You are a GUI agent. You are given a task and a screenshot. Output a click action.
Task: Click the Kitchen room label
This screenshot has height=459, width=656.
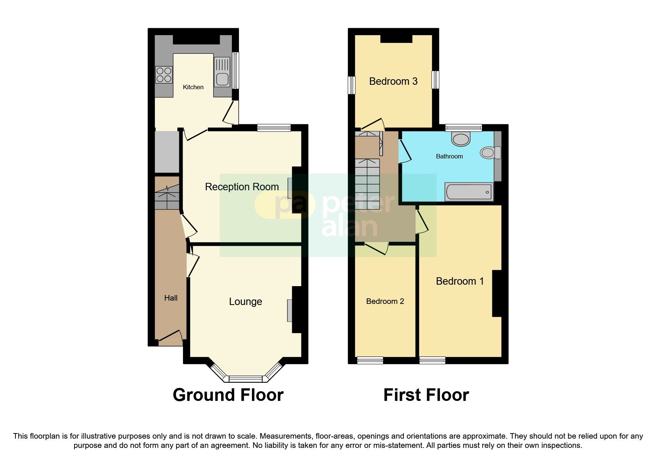[x=193, y=87]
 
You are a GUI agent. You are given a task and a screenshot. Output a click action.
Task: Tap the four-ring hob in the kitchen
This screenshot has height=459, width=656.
[x=164, y=74]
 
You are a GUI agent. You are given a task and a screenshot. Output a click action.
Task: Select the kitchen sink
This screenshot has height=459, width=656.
[x=222, y=79]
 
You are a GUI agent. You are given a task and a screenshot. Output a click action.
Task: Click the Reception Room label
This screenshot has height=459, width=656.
[x=242, y=187]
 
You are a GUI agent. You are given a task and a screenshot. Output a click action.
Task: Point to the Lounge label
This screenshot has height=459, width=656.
[x=245, y=302]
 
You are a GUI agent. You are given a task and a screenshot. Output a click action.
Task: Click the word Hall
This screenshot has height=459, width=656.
[x=171, y=298]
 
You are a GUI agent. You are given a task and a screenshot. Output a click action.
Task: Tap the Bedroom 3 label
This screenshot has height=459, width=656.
[x=393, y=81]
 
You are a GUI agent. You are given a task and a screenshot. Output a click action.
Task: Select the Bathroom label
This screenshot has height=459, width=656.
[x=449, y=156]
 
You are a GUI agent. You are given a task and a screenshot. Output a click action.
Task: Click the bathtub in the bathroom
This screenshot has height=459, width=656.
[x=469, y=192]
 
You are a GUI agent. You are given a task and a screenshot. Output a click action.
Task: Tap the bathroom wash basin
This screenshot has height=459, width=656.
[x=461, y=140]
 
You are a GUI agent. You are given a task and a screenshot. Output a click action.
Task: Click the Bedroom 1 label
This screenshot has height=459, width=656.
[x=460, y=281]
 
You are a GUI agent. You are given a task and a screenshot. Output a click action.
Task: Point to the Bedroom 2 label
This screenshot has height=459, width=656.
[x=385, y=301]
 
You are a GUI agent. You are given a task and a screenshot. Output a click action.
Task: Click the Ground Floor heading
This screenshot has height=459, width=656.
[x=228, y=395]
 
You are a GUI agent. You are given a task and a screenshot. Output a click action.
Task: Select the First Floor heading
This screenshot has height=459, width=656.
[x=426, y=395]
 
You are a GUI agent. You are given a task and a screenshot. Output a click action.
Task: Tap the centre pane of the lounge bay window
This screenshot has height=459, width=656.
[x=245, y=379]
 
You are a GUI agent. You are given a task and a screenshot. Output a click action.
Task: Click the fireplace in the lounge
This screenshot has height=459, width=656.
[x=289, y=310]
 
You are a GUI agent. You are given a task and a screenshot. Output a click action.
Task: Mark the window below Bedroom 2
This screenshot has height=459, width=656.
[x=370, y=360]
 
